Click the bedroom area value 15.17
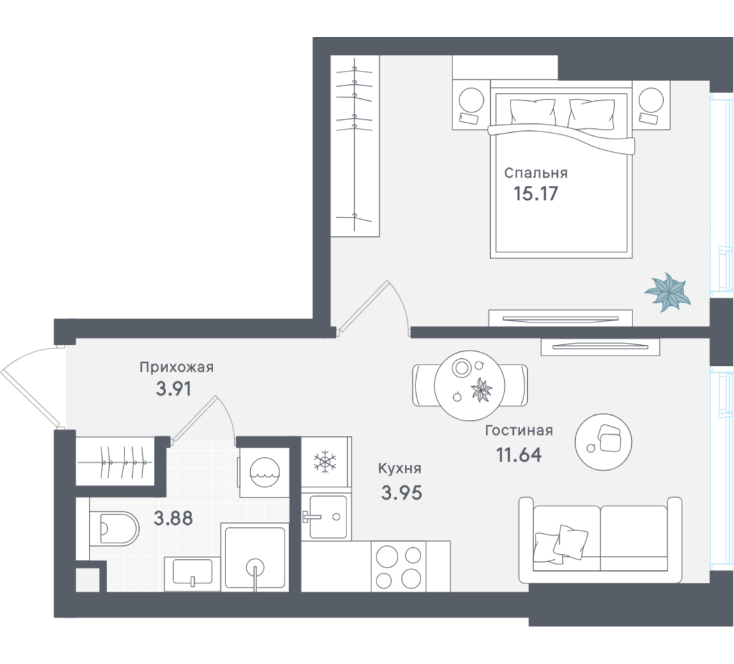click(x=536, y=193)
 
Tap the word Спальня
click(x=536, y=173)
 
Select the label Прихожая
click(x=176, y=367)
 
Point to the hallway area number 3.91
click(x=173, y=389)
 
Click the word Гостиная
click(x=519, y=430)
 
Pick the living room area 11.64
click(x=519, y=455)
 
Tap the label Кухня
click(x=400, y=468)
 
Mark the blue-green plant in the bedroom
click(x=668, y=292)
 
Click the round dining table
click(x=470, y=386)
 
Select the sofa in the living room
click(x=601, y=540)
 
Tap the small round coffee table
click(x=603, y=442)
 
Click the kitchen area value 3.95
click(x=401, y=493)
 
